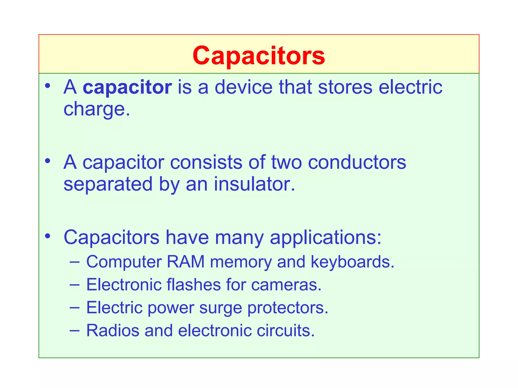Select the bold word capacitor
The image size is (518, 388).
pos(127,87)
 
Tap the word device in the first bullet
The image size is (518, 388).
pos(244,87)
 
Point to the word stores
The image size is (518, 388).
pos(345,87)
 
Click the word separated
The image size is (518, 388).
pos(108,184)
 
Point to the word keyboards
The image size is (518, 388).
pos(352,262)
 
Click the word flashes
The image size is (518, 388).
pos(194,285)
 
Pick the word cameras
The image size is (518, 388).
pos(286,285)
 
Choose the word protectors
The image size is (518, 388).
pos(288,308)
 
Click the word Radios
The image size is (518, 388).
pos(113,330)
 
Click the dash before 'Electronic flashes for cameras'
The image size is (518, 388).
pos(74,284)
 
